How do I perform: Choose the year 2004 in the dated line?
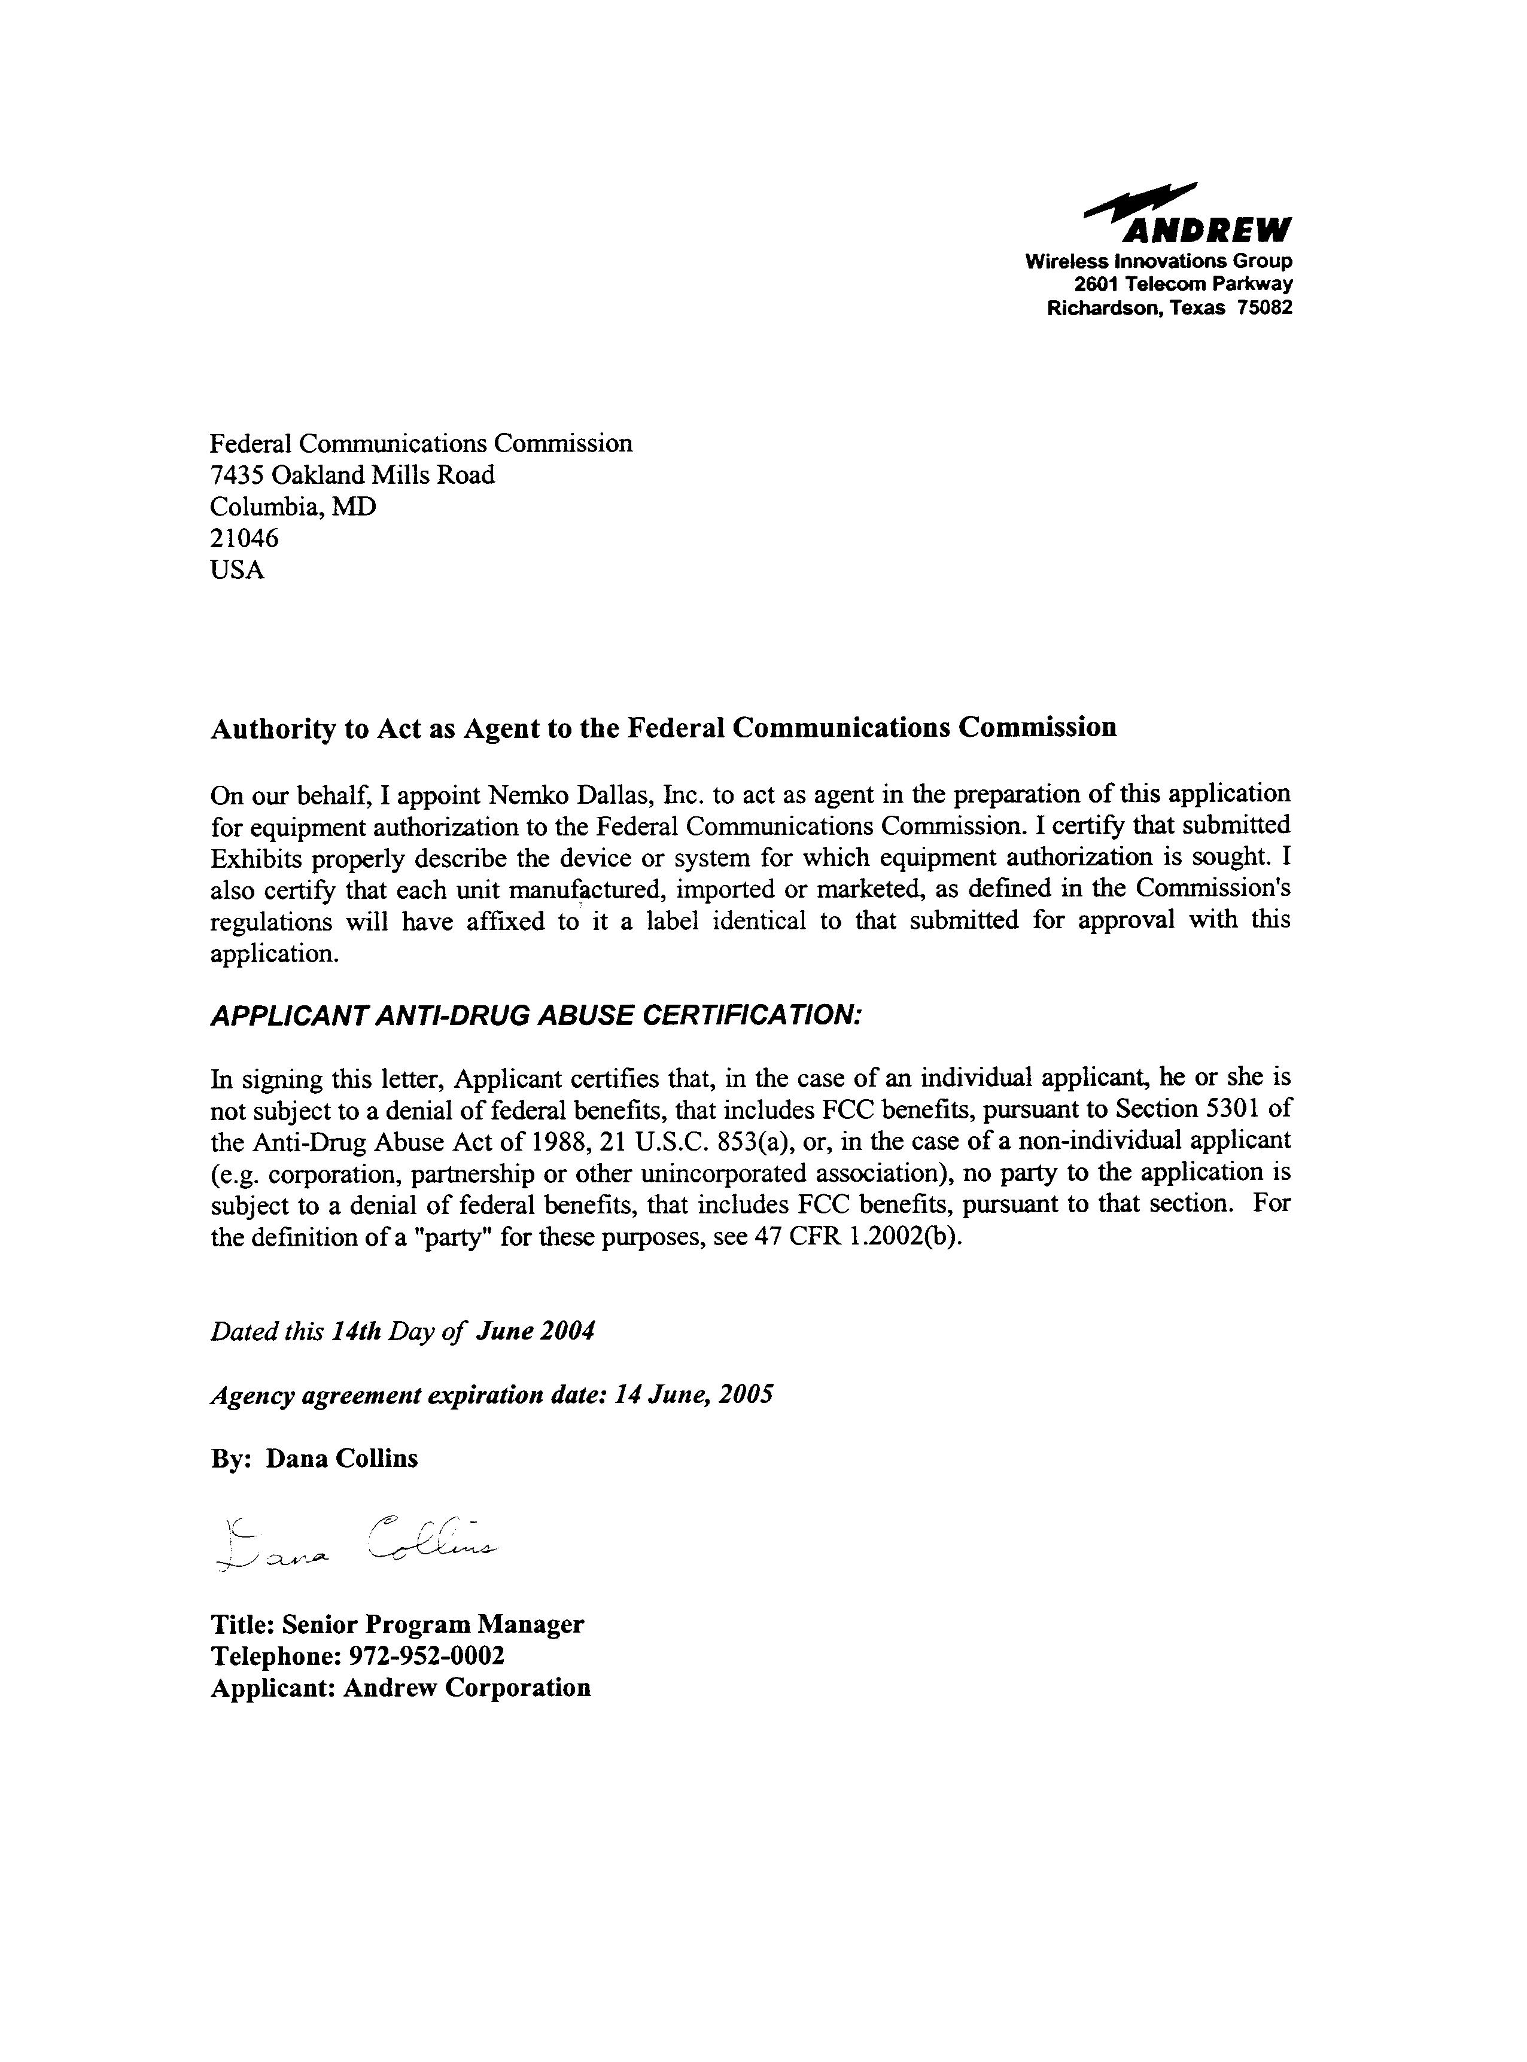pyautogui.click(x=565, y=1331)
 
